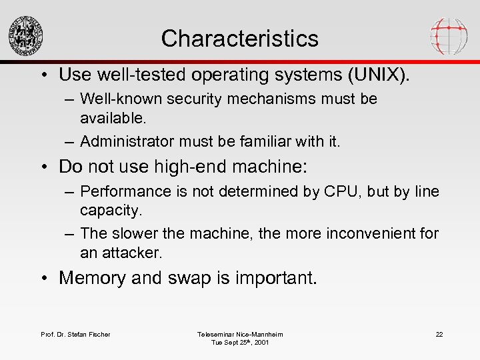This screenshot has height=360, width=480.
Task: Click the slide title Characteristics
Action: tap(239, 38)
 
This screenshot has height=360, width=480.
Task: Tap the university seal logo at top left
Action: tap(26, 35)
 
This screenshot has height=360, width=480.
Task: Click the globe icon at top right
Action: tap(449, 35)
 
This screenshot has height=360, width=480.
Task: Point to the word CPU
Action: tap(337, 191)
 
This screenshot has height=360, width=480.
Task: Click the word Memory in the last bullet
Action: tap(92, 277)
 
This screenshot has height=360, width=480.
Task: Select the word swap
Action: tap(183, 277)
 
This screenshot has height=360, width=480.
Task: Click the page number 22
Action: tap(439, 334)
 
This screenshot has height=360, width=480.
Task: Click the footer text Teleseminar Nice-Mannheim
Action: tap(240, 334)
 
